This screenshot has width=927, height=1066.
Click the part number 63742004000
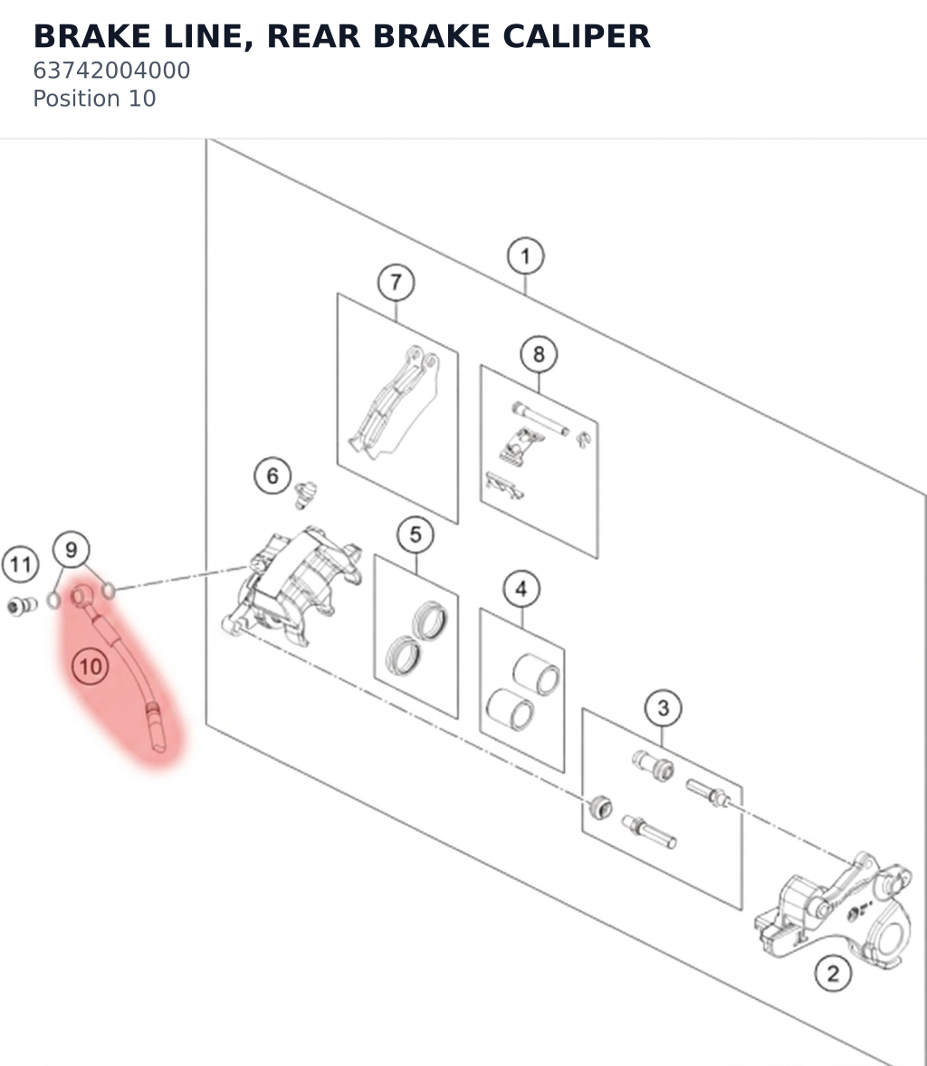tap(111, 70)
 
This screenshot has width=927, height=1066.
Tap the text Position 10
tap(94, 99)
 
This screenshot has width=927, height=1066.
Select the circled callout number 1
tap(525, 256)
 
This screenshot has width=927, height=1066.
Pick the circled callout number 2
tap(833, 974)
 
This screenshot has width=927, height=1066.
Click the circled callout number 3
tap(664, 708)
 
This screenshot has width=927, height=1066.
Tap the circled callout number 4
tap(521, 589)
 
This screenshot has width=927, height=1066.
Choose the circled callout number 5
tap(416, 534)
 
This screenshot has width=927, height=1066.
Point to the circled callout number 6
tap(272, 475)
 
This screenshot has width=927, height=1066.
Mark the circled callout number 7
tap(397, 283)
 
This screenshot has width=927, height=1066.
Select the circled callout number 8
tap(539, 354)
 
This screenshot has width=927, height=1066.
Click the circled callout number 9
tap(72, 550)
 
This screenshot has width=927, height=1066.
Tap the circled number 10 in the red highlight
tap(91, 667)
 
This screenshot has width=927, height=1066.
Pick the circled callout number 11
tap(21, 564)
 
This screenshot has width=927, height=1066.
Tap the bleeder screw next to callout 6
tap(306, 495)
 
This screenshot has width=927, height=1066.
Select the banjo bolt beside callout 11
tap(23, 605)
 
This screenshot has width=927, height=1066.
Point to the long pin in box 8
tap(540, 418)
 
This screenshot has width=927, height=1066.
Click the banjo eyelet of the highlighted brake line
tap(81, 596)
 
